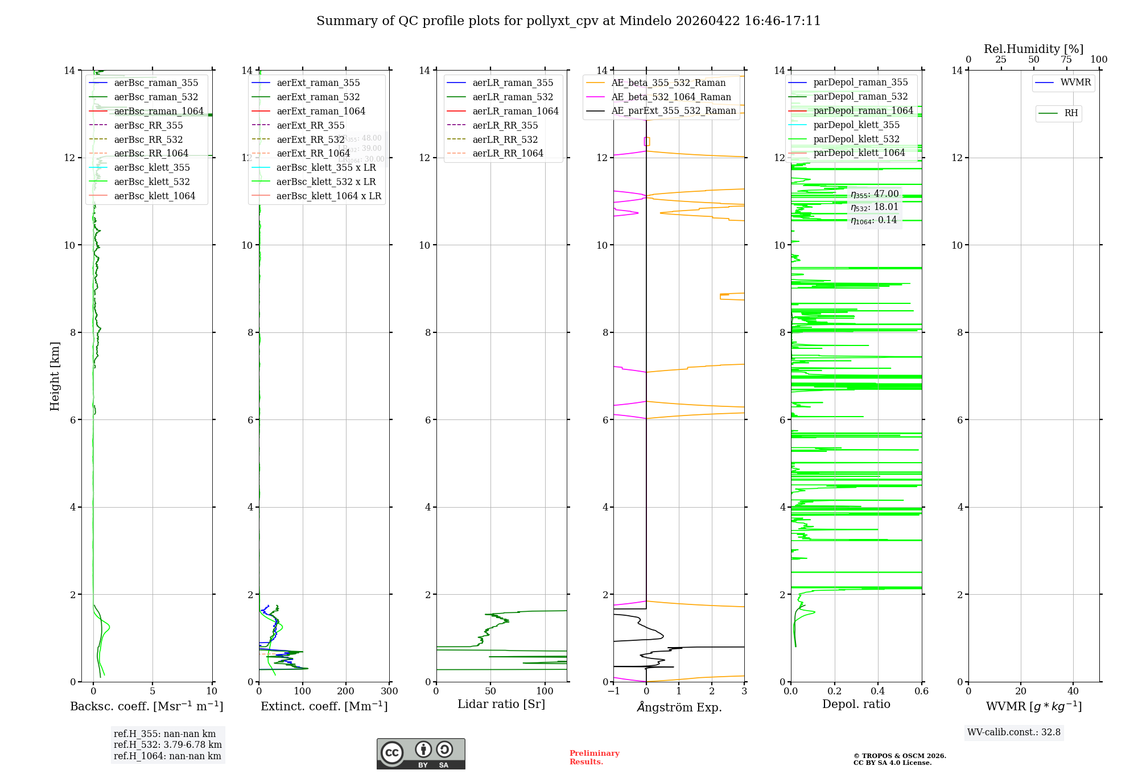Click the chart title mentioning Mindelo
point(568,21)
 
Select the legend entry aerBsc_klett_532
point(151,182)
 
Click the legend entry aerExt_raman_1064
point(321,112)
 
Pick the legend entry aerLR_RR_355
point(505,126)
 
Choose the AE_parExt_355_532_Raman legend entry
point(673,111)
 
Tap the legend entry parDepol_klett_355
point(856,125)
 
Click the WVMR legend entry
point(1075,83)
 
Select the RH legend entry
point(1071,113)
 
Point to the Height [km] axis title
point(55,376)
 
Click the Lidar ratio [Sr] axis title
point(501,705)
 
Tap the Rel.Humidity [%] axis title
point(1033,49)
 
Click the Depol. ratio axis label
point(856,705)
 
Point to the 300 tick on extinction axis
point(389,691)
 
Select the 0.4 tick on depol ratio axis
point(878,691)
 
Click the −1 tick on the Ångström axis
point(613,691)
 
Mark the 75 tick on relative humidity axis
point(1066,60)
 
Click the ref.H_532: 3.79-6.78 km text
point(167,745)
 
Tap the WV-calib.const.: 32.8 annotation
point(1013,732)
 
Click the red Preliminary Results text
point(594,757)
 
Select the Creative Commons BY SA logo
point(420,754)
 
